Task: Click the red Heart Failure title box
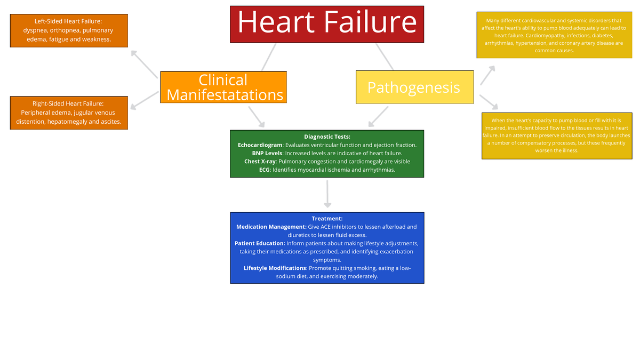coord(326,24)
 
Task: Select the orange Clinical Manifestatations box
coord(223,87)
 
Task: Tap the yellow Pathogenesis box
coord(414,87)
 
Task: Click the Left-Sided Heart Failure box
coord(69,30)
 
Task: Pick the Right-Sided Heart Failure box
coord(69,113)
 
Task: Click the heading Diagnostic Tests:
coord(327,137)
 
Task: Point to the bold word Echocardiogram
coord(260,145)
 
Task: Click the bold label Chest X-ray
coord(260,162)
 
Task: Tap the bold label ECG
coord(264,170)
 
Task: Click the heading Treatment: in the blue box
coord(327,219)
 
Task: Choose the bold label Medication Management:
coord(271,227)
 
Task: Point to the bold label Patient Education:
coord(260,243)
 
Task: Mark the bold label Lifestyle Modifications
coord(275,268)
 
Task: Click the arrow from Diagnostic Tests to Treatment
coord(327,194)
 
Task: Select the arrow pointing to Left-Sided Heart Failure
coord(144,64)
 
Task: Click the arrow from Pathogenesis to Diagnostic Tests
coord(379,116)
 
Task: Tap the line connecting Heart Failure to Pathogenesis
coord(384,56)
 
